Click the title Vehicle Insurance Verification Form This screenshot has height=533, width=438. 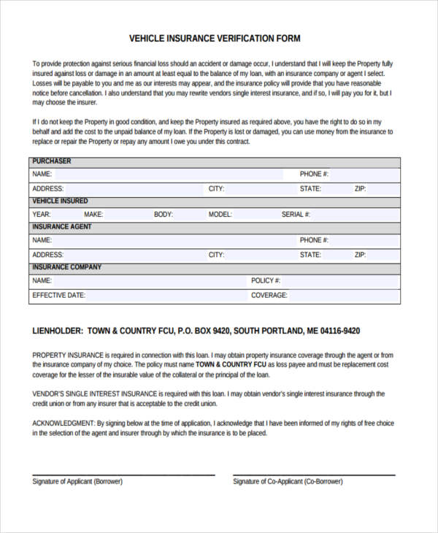[x=215, y=39]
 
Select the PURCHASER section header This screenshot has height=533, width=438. [x=51, y=161]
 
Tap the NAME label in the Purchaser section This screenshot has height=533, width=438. [x=42, y=175]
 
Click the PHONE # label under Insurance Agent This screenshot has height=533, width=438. [x=314, y=240]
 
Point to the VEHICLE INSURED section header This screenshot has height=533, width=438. [x=60, y=201]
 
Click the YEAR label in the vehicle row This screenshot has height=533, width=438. [x=41, y=215]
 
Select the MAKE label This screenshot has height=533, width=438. [x=93, y=215]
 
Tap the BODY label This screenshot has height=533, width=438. [x=164, y=215]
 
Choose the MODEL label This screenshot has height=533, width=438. [x=220, y=215]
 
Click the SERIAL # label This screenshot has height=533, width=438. [x=296, y=215]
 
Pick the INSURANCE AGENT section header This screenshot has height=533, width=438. [x=61, y=227]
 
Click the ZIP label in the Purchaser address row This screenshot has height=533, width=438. [x=360, y=188]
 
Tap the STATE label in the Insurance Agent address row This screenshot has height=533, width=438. [x=310, y=255]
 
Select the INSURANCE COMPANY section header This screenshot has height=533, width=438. [x=66, y=267]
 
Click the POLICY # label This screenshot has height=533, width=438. [x=266, y=280]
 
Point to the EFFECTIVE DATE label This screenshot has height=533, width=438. [x=58, y=296]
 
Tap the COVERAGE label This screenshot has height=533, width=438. [x=269, y=296]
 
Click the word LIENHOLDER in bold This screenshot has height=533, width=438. [x=58, y=331]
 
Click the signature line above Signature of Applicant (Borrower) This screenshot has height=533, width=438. [x=123, y=475]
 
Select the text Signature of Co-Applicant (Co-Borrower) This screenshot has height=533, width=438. [x=288, y=482]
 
